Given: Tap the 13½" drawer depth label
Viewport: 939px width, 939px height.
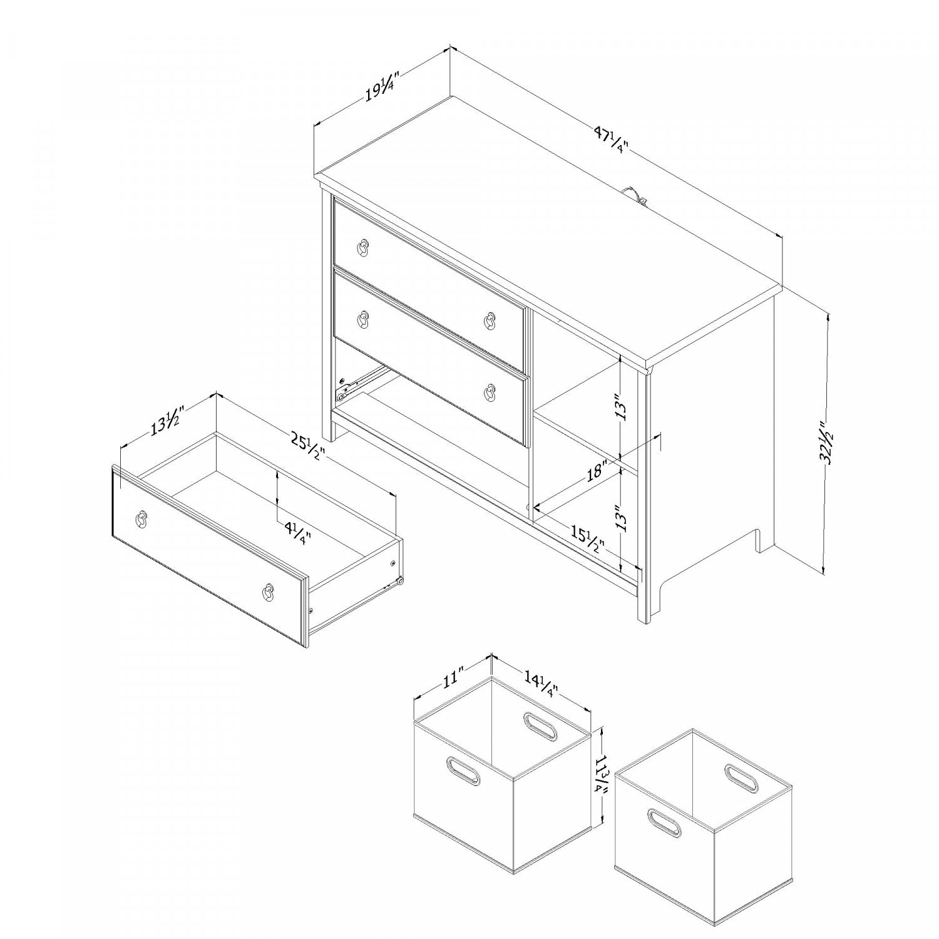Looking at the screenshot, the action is (x=165, y=421).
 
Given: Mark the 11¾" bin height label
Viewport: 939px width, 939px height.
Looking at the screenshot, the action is (x=602, y=774).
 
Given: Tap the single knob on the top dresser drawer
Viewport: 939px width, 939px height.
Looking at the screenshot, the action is (x=364, y=249).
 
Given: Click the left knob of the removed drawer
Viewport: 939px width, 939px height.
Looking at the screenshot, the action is (x=142, y=517).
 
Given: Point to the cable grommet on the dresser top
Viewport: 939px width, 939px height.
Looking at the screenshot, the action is (x=637, y=194).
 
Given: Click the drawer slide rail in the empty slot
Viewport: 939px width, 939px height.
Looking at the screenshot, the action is (x=361, y=382).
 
